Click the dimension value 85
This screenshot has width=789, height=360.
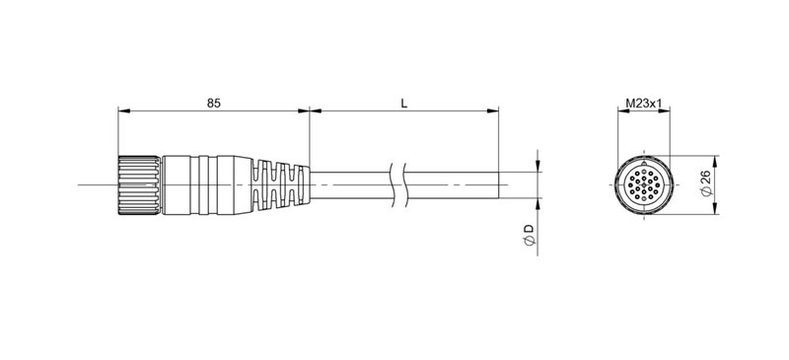(x=213, y=102)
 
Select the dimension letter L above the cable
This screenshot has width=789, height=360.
(x=405, y=102)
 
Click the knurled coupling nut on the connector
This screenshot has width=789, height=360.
(x=139, y=184)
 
